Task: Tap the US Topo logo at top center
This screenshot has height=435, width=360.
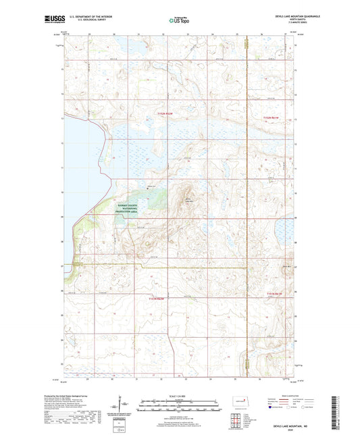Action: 178,21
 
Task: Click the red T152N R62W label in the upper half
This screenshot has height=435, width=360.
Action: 165,113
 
